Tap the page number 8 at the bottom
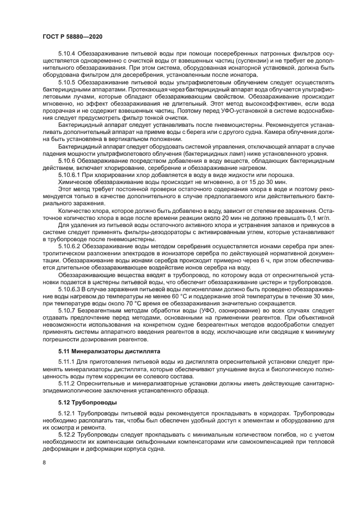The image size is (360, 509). coord(45,463)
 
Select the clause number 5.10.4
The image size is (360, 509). coord(68,54)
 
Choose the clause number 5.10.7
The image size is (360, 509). coord(68,310)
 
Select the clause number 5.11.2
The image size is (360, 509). coord(68,383)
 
